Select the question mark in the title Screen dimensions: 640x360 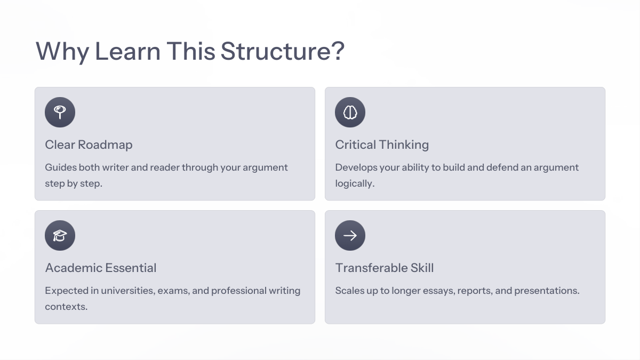click(339, 51)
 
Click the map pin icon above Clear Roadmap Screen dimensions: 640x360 click(60, 113)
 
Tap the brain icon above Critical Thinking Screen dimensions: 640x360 click(350, 113)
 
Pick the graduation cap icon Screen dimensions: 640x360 click(60, 236)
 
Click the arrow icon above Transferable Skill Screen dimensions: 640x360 click(350, 236)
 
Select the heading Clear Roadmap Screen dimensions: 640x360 click(89, 145)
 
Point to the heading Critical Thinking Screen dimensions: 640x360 click(382, 145)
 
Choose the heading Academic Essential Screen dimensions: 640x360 click(101, 268)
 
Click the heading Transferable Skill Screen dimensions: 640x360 click(385, 268)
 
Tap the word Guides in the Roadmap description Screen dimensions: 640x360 click(61, 167)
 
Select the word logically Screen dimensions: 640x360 click(355, 183)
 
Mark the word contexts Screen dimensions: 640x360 click(66, 307)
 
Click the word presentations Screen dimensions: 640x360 click(547, 291)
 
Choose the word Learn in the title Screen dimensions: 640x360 click(127, 51)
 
